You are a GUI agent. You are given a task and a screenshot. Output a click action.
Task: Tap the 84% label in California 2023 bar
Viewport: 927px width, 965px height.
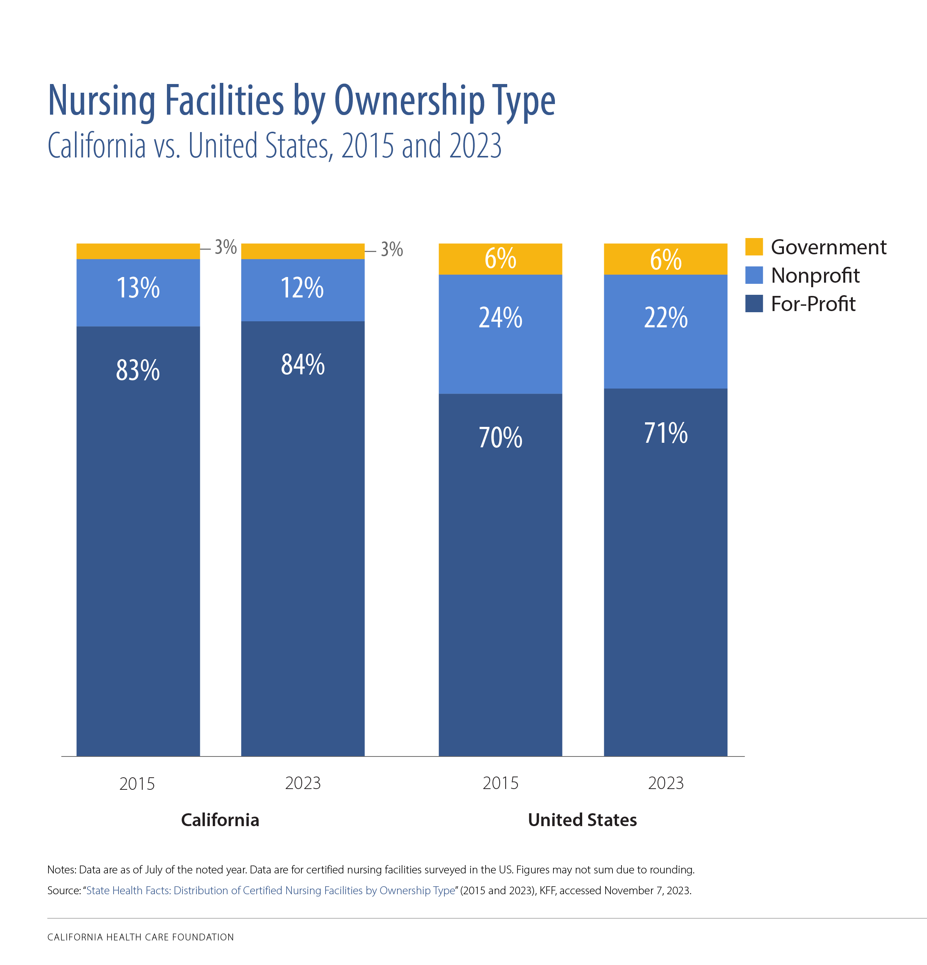pyautogui.click(x=302, y=365)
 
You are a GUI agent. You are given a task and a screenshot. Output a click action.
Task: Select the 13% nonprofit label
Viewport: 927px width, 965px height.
pyautogui.click(x=138, y=288)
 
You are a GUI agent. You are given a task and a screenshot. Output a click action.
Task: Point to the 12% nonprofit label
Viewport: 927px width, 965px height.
pyautogui.click(x=302, y=288)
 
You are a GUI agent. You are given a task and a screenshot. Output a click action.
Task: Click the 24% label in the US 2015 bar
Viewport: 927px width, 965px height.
pyautogui.click(x=500, y=318)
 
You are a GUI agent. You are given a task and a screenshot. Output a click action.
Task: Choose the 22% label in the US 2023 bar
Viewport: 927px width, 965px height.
pyautogui.click(x=665, y=318)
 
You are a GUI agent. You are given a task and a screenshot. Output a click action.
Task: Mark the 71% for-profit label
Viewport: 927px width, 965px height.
pyautogui.click(x=665, y=433)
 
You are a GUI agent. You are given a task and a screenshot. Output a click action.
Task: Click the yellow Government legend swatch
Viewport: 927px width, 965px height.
pyautogui.click(x=754, y=247)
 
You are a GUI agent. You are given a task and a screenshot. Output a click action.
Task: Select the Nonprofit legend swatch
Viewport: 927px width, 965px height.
pyautogui.click(x=754, y=275)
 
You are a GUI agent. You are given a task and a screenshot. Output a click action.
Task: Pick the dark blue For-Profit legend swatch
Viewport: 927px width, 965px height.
pyautogui.click(x=754, y=304)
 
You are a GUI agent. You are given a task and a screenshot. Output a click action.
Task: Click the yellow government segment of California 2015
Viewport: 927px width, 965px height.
pyautogui.click(x=138, y=251)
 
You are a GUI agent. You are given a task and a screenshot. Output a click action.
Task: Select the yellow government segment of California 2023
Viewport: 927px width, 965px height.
pyautogui.click(x=302, y=251)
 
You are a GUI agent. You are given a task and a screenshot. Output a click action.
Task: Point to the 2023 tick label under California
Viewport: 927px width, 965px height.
pyautogui.click(x=302, y=783)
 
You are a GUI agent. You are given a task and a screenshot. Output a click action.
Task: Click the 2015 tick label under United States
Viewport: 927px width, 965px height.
pyautogui.click(x=500, y=783)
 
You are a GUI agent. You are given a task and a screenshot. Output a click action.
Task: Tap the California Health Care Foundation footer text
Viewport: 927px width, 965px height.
pyautogui.click(x=140, y=937)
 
